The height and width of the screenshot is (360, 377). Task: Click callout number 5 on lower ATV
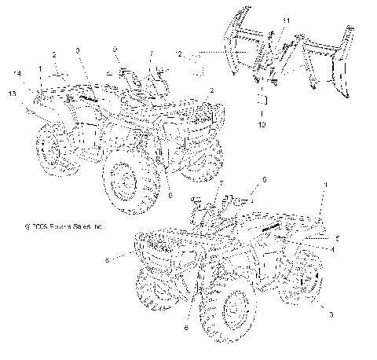(338, 237)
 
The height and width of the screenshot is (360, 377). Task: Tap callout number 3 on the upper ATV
(78, 50)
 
